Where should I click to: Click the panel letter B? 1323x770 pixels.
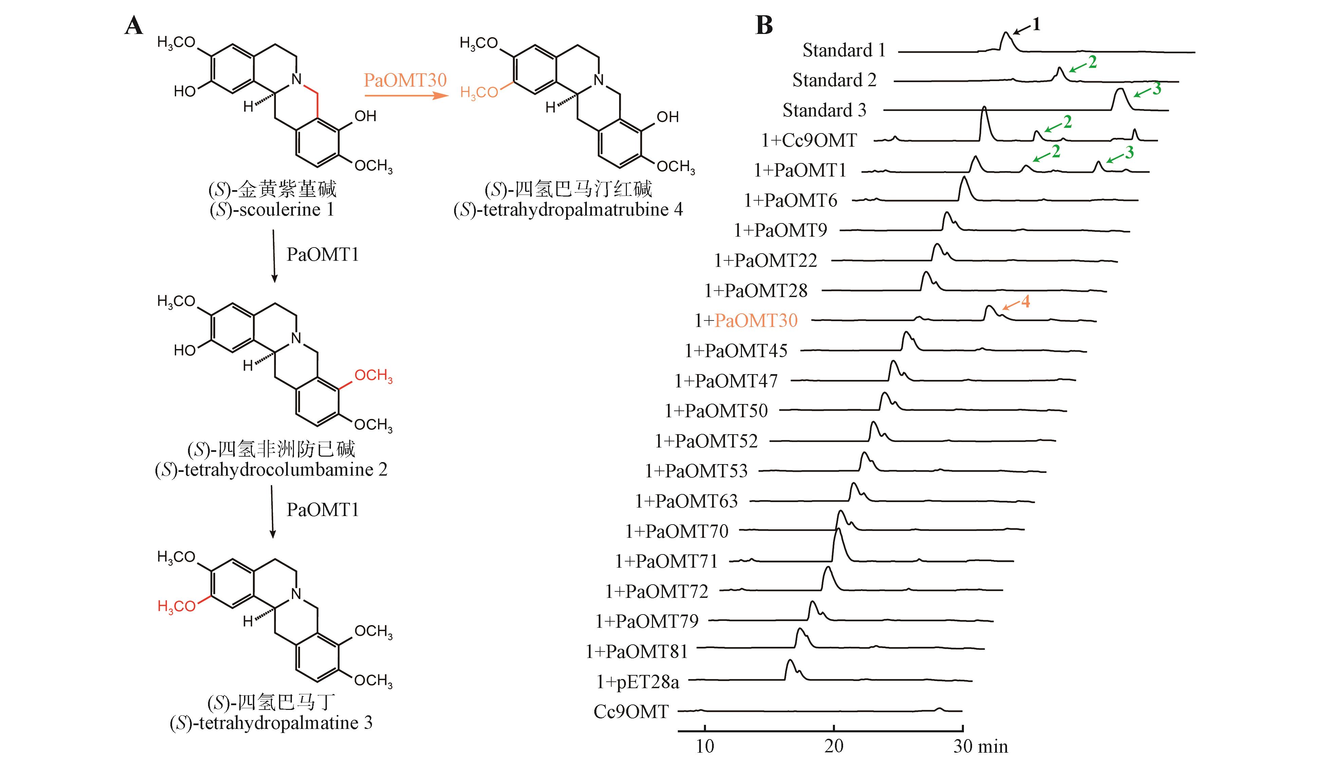[764, 25]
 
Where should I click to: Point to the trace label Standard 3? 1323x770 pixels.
[824, 110]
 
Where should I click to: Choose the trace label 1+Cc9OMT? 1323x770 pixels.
[809, 140]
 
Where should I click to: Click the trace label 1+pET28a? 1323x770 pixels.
[637, 682]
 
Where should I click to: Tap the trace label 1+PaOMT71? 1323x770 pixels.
[666, 561]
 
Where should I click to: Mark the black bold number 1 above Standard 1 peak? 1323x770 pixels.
[1036, 24]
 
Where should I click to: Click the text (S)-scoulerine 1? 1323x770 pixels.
[272, 209]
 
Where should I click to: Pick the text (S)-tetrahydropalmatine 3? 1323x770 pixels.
[271, 723]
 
